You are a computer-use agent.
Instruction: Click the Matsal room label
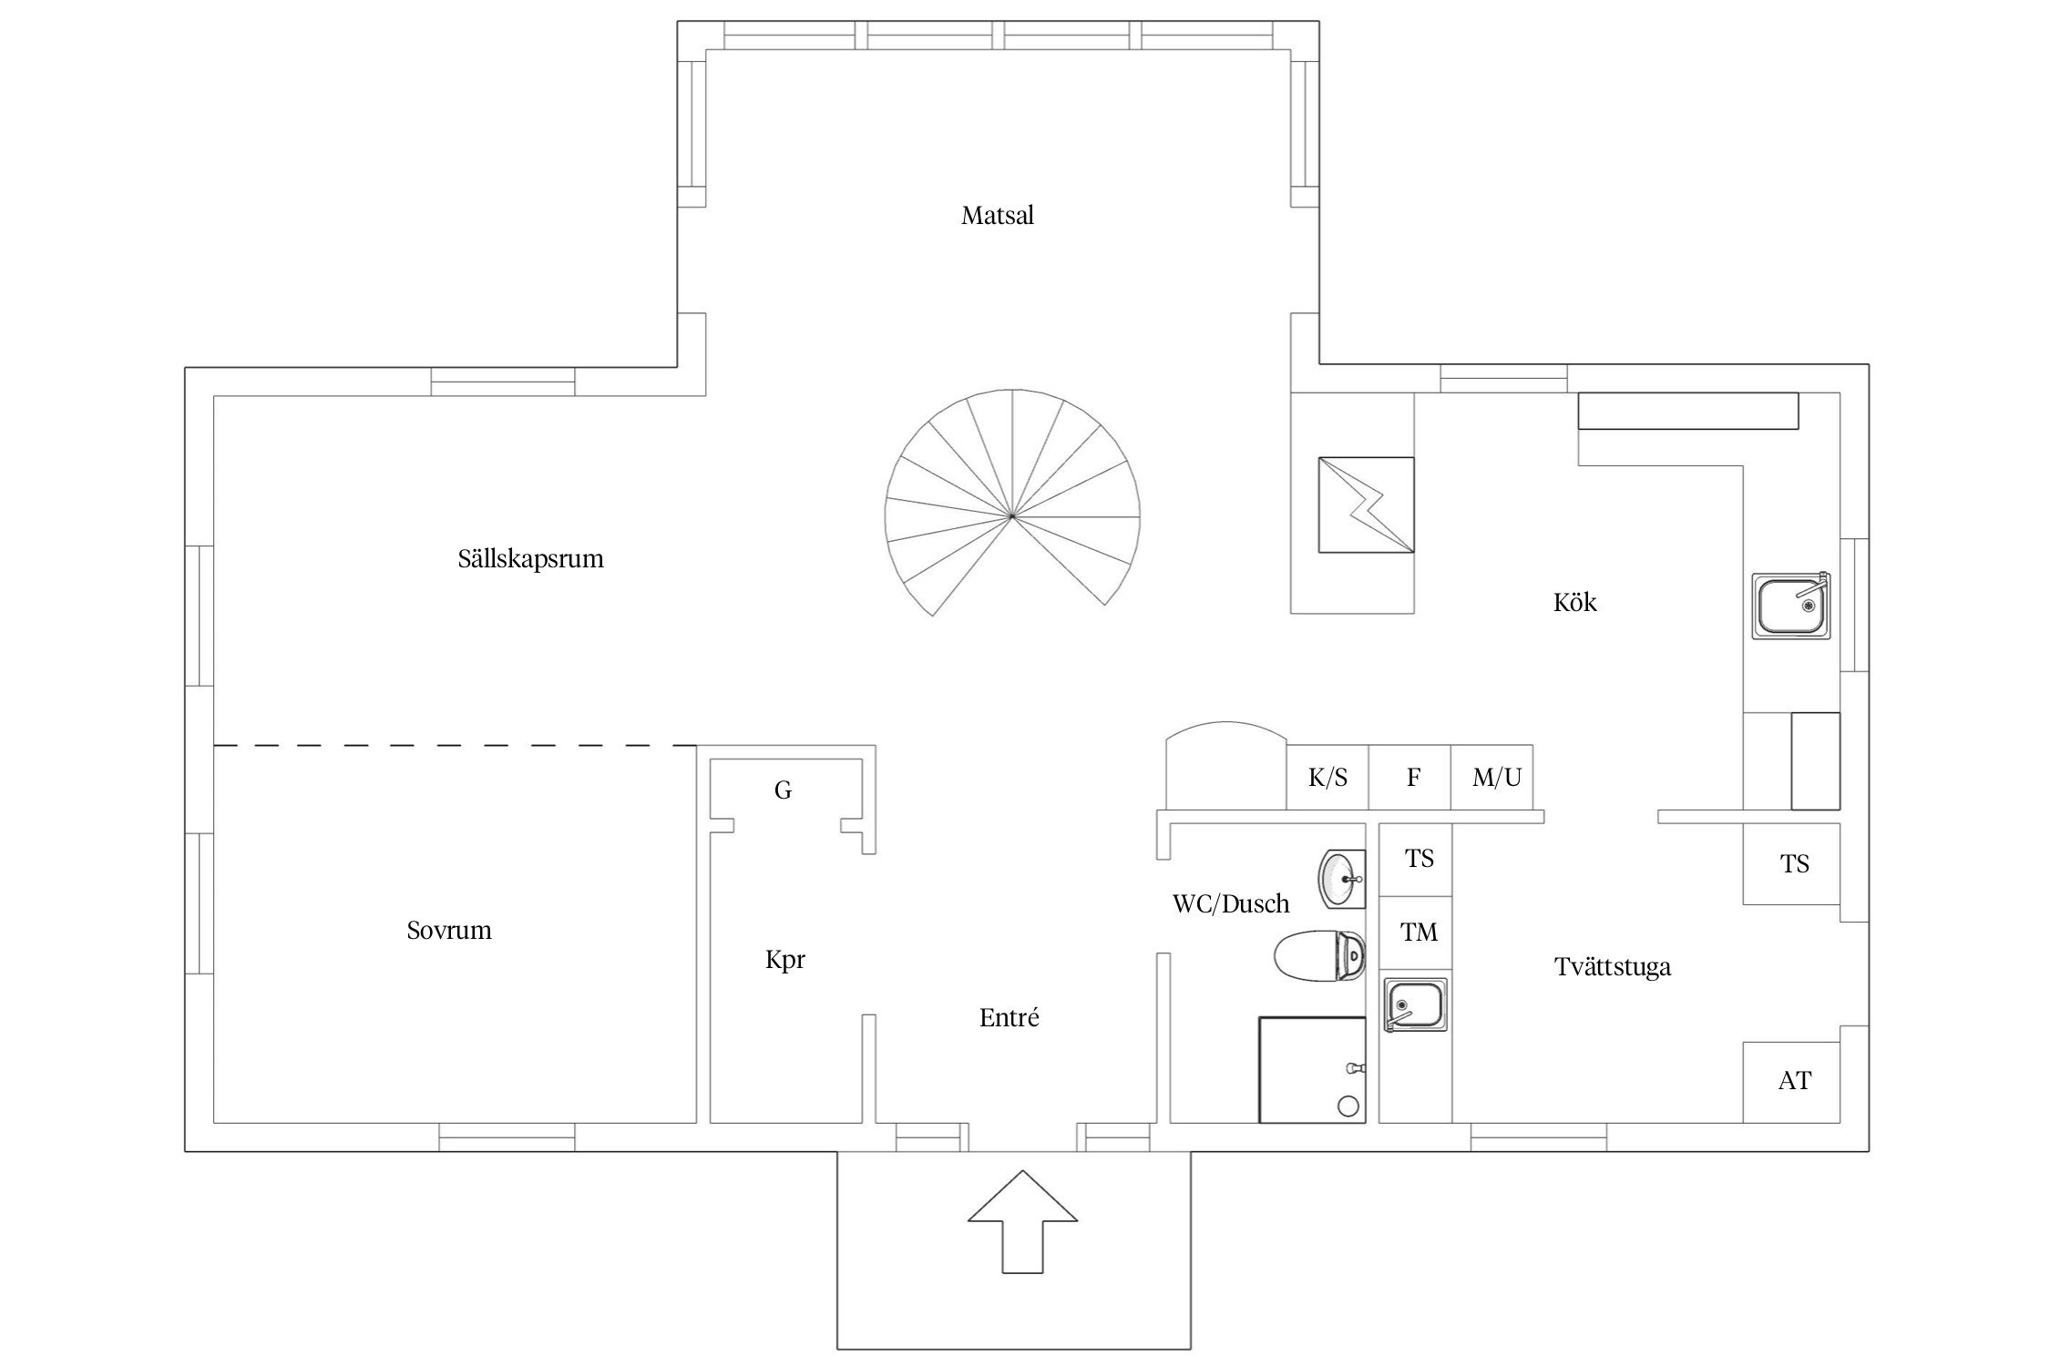point(998,216)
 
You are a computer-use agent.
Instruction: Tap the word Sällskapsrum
point(530,558)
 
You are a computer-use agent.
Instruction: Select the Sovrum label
point(449,930)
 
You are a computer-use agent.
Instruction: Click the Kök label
point(1574,602)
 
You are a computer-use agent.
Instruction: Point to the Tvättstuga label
point(1613,966)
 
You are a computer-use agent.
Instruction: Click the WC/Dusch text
point(1231,903)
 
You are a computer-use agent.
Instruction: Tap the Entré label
point(1010,1017)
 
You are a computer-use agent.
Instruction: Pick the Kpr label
point(785,960)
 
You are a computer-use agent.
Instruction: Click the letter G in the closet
point(783,790)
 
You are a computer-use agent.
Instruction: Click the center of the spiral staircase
point(1012,516)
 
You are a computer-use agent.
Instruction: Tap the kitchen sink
point(1791,606)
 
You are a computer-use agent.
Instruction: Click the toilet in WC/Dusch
point(1318,956)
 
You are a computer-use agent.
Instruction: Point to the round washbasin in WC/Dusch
point(1342,879)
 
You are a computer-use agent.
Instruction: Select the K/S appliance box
point(1327,777)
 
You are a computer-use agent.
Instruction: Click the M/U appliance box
point(1492,777)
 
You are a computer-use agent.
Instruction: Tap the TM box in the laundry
point(1416,933)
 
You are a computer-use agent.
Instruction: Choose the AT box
point(1792,1082)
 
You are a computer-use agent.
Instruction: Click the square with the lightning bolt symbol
point(1367,505)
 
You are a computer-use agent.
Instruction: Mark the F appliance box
point(1410,777)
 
